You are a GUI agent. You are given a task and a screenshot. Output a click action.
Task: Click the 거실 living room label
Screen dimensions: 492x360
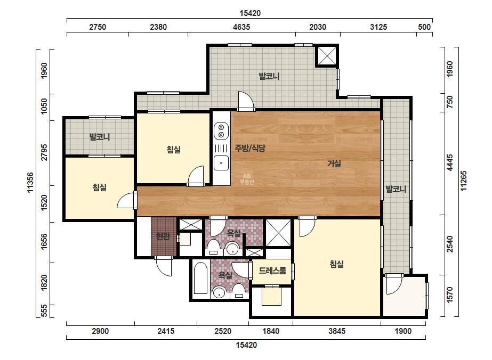[x=334, y=163]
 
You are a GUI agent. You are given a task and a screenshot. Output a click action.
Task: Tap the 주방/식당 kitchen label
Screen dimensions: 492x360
[x=250, y=148]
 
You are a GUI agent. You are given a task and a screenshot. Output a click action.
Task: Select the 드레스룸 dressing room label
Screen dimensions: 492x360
[x=272, y=271]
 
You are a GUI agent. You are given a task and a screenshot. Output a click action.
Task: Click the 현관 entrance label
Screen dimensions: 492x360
[x=163, y=236]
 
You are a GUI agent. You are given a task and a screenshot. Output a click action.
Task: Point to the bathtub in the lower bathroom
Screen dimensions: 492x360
[x=201, y=278]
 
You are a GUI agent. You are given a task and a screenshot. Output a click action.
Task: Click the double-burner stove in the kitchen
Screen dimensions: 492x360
[x=221, y=131]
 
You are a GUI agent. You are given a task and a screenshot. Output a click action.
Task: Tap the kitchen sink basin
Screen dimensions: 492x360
[x=221, y=163]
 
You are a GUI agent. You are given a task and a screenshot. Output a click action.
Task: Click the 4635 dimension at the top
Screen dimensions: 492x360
[x=241, y=27]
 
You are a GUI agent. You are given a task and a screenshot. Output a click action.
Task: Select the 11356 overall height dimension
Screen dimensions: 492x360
[x=30, y=183]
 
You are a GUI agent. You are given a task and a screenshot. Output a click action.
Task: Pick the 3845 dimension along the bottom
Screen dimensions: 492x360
[x=337, y=331]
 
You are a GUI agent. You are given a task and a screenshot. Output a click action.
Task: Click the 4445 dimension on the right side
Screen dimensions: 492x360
[x=450, y=163]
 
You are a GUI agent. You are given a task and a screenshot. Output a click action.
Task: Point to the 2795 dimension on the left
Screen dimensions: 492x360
[x=44, y=152]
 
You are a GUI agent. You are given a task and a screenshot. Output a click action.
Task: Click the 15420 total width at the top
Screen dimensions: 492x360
[x=250, y=13]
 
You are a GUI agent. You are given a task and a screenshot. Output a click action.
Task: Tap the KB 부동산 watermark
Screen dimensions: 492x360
[x=247, y=179]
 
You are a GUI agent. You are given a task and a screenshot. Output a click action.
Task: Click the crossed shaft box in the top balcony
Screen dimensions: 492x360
[x=327, y=56]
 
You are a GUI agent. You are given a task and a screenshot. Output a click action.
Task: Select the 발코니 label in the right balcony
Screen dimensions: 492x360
[x=396, y=189]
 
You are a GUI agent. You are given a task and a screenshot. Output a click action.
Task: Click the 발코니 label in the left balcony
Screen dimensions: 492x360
[x=100, y=137]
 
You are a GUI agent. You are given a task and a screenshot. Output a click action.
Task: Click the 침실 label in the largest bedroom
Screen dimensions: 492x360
[x=337, y=264]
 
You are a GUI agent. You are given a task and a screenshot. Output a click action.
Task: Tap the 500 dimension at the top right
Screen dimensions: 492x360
[x=424, y=27]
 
